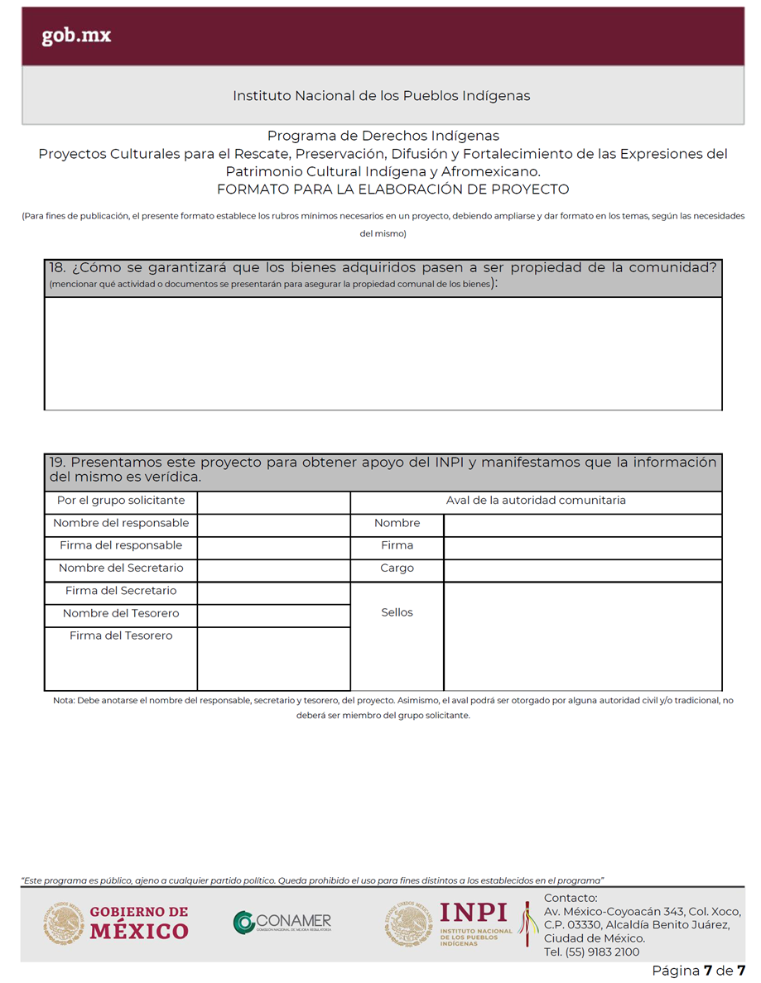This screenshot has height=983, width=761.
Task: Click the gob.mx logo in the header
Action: pos(76,36)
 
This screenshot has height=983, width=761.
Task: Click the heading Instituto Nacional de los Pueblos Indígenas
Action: pos(381,96)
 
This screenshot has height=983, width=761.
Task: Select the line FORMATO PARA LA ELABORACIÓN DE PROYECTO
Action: pos(393,189)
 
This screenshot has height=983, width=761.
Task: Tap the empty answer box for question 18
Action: pos(383,353)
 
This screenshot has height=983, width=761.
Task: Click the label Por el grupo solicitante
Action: pos(121,501)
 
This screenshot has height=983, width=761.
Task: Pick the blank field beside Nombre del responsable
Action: pos(273,524)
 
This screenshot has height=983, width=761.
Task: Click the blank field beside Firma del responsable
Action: pos(273,546)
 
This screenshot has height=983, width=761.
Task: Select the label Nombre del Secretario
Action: pos(121,568)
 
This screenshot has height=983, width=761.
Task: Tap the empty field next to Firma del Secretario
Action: pos(273,592)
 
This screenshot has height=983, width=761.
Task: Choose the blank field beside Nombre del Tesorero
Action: pos(273,615)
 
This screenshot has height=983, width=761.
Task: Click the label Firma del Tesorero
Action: pos(121,635)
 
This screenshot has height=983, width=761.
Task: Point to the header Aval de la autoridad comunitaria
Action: pos(536,501)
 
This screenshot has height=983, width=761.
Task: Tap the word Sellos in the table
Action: pos(397,613)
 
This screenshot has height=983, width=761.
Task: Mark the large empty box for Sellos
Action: pos(582,636)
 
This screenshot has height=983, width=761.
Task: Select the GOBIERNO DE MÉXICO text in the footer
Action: pos(139,922)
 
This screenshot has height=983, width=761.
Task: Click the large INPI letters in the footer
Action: pos(474,913)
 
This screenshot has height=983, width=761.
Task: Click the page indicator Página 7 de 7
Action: pos(698,971)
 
